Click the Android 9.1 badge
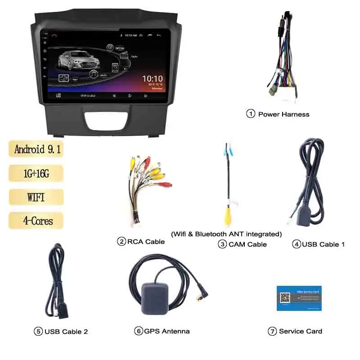click(36, 149)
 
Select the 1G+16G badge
click(36, 173)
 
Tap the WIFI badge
click(36, 197)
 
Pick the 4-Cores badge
click(36, 221)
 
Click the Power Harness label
click(283, 114)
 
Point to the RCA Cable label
click(146, 242)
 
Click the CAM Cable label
click(247, 244)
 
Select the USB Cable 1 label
click(323, 244)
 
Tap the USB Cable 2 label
click(66, 332)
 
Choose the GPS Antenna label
click(166, 331)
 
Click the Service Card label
click(300, 331)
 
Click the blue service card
click(299, 297)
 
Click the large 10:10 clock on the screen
click(152, 79)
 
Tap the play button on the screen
click(130, 95)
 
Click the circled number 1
click(251, 114)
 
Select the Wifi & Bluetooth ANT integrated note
click(226, 234)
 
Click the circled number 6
click(139, 331)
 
